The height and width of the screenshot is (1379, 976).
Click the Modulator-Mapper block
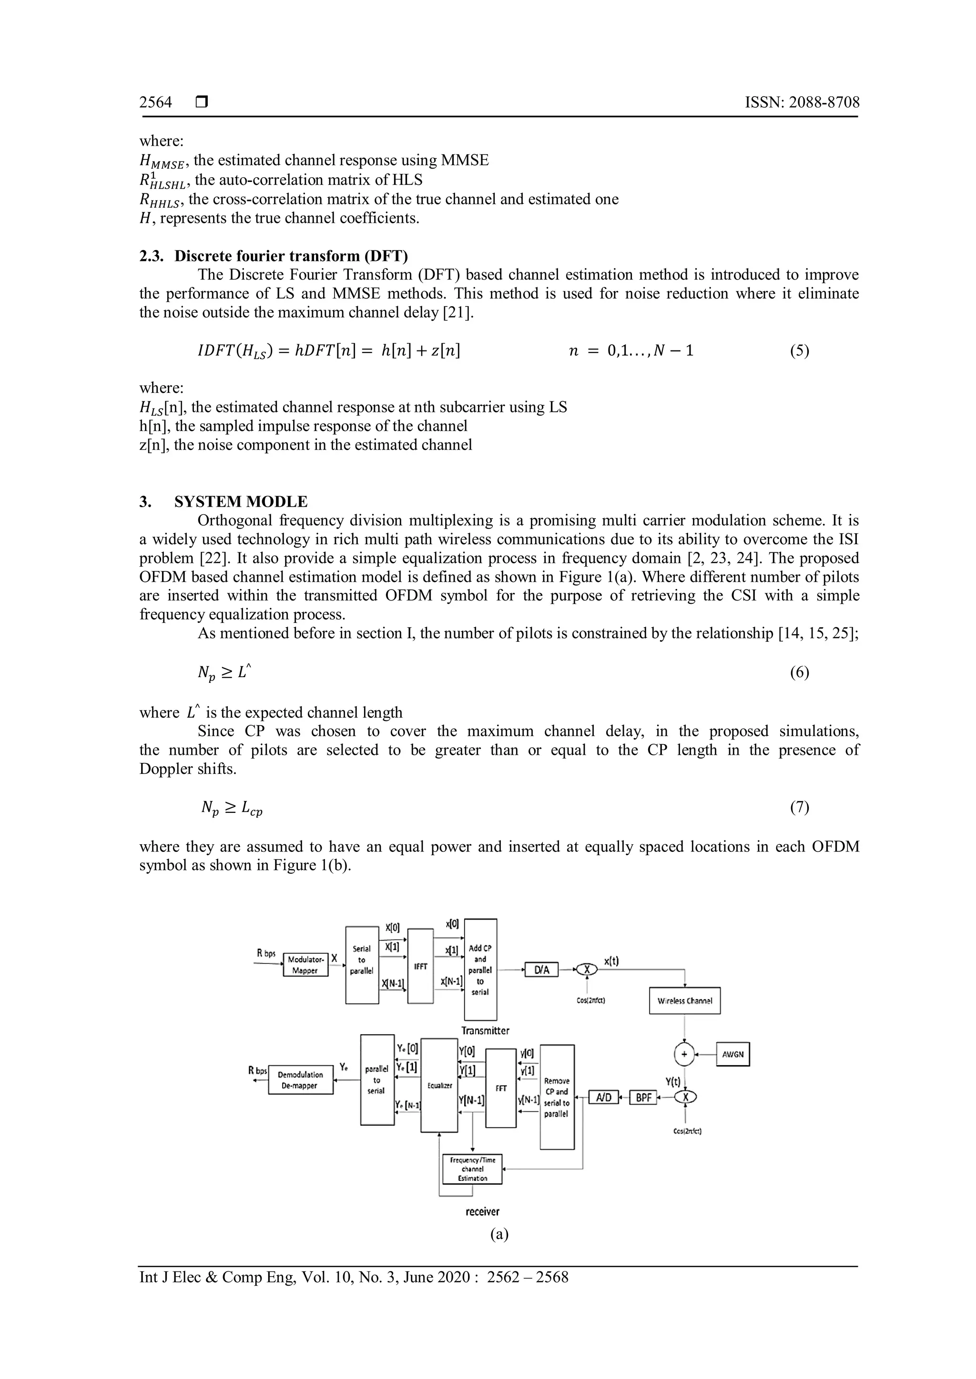click(x=305, y=965)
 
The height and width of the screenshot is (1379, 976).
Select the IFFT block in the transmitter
click(x=420, y=966)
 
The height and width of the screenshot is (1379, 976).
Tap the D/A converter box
click(x=541, y=970)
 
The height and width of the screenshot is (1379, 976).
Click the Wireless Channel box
click(x=684, y=1000)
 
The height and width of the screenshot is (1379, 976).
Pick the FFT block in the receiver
click(x=500, y=1089)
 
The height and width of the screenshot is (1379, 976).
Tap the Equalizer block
click(x=439, y=1086)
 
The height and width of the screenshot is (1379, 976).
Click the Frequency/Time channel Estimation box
click(x=472, y=1169)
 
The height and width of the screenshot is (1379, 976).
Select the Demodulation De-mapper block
click(x=301, y=1080)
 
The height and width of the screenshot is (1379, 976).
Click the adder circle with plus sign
click(x=684, y=1054)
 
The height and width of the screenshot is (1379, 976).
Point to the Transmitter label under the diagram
click(x=485, y=1030)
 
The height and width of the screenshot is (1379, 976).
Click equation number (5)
click(x=799, y=351)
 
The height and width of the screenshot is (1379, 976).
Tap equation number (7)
click(x=799, y=807)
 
